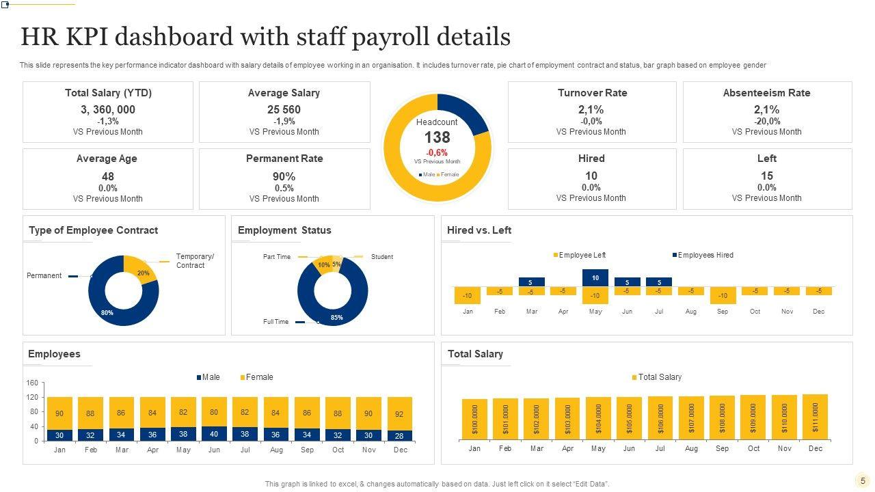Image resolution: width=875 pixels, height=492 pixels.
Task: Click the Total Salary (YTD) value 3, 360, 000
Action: [x=108, y=109]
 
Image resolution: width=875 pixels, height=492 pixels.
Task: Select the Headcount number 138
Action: [x=437, y=137]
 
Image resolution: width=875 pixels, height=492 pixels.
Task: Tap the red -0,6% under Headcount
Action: [x=437, y=152]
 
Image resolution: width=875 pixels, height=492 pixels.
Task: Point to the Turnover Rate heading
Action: [x=592, y=93]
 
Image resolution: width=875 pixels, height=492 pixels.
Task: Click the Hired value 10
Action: [x=591, y=176]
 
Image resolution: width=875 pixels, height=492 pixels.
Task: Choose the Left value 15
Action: [x=767, y=176]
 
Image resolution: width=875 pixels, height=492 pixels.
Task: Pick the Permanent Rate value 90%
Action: [x=284, y=176]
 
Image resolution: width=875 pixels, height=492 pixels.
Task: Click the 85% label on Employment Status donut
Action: [x=336, y=317]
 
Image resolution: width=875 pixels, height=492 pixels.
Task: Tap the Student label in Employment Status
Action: [x=381, y=257]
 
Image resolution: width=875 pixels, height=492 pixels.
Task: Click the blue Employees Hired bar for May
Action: [x=595, y=277]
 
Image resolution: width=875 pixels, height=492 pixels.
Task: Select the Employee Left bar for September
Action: [x=723, y=295]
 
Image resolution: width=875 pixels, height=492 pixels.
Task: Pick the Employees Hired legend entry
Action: [x=705, y=255]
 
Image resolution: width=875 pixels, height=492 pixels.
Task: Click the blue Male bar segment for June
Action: [x=214, y=434]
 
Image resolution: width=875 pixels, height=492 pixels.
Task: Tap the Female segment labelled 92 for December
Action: [x=400, y=413]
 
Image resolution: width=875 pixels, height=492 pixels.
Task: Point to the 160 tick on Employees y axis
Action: [x=32, y=383]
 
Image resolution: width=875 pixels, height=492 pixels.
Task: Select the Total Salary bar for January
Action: [x=474, y=419]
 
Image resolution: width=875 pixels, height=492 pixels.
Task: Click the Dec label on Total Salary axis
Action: [x=816, y=449]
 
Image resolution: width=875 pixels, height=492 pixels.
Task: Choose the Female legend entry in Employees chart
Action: [x=258, y=377]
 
